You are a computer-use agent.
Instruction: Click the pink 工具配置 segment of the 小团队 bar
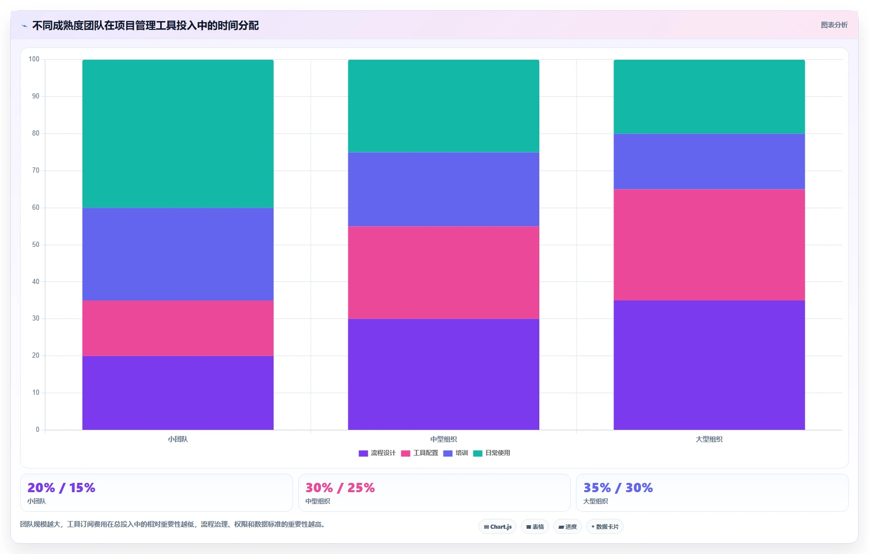[178, 328]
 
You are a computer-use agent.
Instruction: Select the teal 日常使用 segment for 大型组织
[709, 97]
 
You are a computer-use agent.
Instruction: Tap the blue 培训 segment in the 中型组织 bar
[444, 190]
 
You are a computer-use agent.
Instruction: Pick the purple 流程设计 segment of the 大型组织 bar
[709, 365]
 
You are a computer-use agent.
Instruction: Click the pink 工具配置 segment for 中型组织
[444, 273]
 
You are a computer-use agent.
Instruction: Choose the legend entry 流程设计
[377, 453]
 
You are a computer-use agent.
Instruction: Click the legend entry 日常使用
[491, 453]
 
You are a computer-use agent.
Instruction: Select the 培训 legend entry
[455, 453]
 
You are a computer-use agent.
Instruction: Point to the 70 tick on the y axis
[36, 171]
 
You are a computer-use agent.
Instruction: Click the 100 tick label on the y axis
[34, 59]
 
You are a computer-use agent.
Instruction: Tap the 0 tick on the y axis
[38, 429]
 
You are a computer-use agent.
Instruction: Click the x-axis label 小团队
[178, 439]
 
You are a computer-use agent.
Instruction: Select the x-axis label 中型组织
[444, 439]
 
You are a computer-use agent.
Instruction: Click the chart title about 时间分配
[145, 26]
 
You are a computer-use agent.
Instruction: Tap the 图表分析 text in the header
[834, 25]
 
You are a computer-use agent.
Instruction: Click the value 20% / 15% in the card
[61, 488]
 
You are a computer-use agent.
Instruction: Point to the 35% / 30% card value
[618, 488]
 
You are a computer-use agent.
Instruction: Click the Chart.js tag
[498, 527]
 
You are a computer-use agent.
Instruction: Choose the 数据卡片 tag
[605, 527]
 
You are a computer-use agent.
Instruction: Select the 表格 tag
[535, 527]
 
